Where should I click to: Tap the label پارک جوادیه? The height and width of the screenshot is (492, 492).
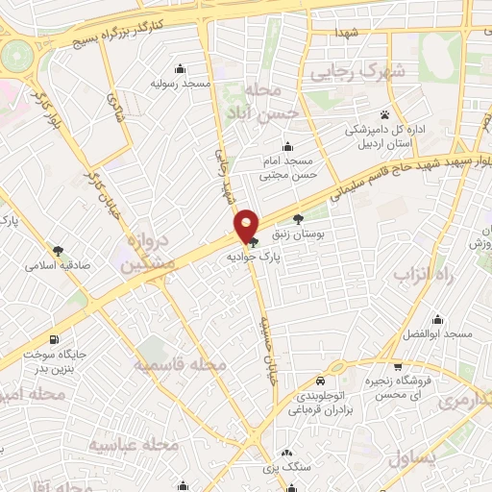pos(254,258)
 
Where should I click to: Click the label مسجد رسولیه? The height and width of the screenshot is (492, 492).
pos(180,84)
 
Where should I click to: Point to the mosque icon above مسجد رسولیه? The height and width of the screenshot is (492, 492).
pos(180,68)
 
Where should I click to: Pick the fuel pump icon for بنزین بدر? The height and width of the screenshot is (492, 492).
pos(52,339)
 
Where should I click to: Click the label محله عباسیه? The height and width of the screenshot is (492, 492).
pos(134,445)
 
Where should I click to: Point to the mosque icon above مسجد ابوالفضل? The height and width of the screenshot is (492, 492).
pos(438,319)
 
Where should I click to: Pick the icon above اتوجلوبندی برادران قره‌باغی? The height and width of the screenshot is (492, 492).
pos(314,380)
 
